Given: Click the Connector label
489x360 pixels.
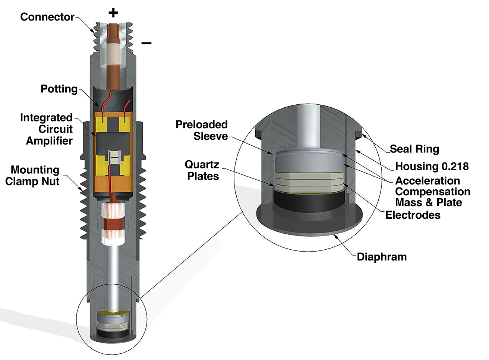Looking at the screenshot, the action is pos(47,17).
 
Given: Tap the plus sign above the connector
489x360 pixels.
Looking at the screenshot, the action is pos(113,13).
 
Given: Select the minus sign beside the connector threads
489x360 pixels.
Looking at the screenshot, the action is pos(146,43).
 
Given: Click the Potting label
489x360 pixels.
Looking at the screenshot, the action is pos(59,89).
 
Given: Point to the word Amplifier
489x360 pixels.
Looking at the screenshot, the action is pos(49,141).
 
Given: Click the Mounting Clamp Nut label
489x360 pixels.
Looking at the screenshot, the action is pos(33,176).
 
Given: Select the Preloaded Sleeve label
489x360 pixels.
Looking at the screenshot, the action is pos(202,130).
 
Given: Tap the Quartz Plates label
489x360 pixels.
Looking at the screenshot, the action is pos(202,170).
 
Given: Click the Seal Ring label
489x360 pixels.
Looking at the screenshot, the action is pos(414,149).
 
